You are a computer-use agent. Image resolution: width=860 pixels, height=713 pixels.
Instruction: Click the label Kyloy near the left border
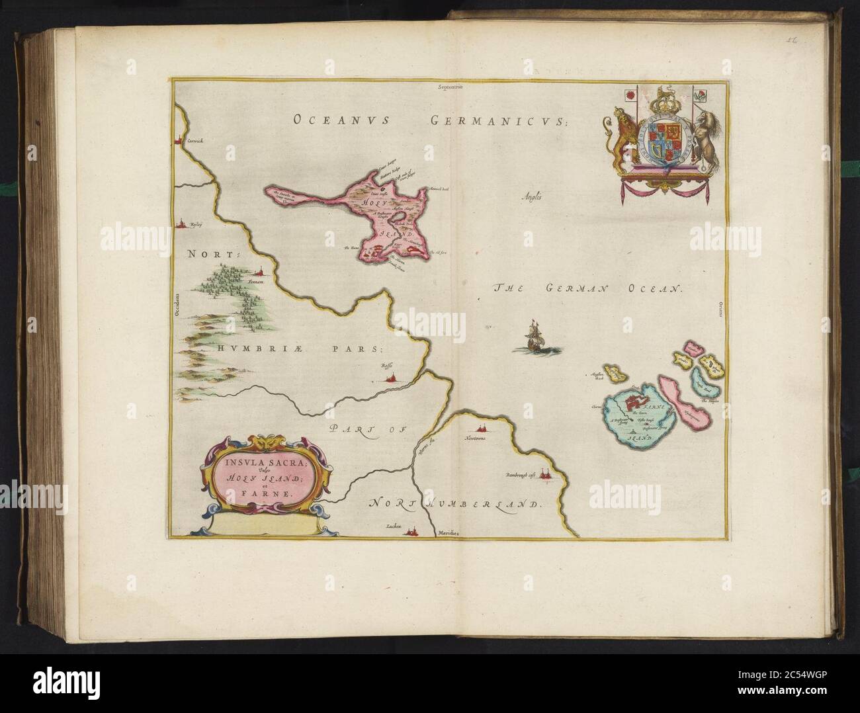194,224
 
